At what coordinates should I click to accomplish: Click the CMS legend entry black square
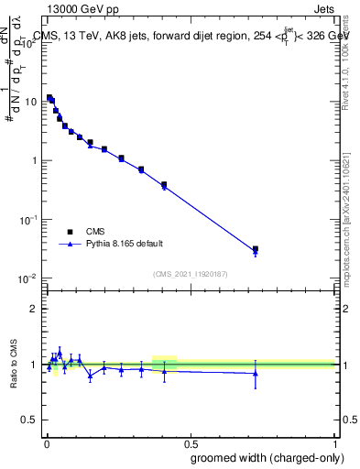[x=70, y=232]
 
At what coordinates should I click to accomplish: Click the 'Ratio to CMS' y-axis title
[x=14, y=364]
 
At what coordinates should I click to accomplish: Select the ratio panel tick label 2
[x=34, y=309]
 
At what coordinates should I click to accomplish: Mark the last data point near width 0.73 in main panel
[x=256, y=249]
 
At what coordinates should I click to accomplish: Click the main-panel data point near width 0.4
[x=164, y=185]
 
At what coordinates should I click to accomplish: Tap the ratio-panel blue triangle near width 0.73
[x=256, y=373]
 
